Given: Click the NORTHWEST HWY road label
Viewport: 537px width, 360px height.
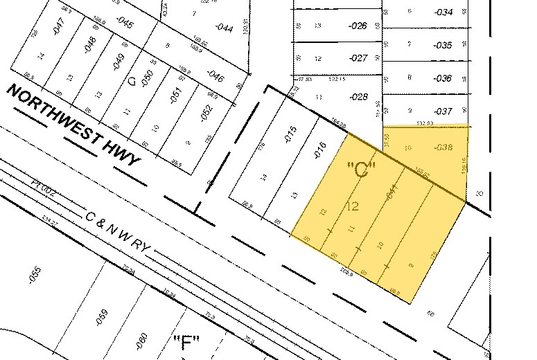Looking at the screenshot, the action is (74, 125).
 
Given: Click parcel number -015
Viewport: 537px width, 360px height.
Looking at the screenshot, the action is (290, 134).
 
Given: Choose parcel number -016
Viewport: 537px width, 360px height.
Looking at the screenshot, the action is (319, 150).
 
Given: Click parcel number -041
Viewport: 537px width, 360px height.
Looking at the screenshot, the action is (393, 192).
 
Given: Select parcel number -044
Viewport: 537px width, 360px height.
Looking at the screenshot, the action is (224, 28).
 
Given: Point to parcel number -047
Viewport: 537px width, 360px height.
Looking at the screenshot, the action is (58, 29).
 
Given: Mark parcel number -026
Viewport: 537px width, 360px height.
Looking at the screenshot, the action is (358, 26).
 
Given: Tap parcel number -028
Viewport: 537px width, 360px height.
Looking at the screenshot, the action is (359, 97).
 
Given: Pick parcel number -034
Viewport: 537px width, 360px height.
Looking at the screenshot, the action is (443, 12).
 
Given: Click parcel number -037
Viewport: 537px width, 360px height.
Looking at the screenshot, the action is (443, 111).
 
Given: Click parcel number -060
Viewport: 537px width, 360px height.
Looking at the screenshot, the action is (142, 339).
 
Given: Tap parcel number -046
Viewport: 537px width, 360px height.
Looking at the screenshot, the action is (215, 77).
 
